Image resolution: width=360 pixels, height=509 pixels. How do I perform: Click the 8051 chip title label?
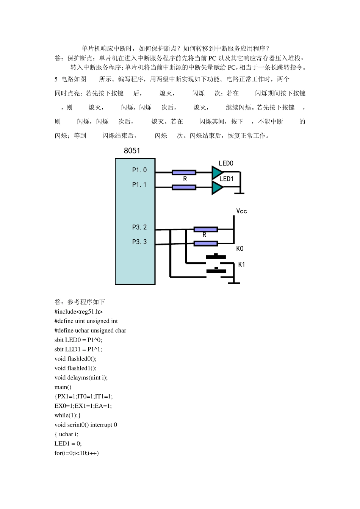coord(132,151)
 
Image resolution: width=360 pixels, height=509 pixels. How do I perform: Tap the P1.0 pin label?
coord(139,170)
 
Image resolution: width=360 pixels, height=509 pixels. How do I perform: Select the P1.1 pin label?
coord(139,185)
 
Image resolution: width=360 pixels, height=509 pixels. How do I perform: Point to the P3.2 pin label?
coord(139,227)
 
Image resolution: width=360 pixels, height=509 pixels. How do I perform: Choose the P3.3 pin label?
coord(139,242)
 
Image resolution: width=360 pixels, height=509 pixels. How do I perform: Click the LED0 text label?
coord(226,163)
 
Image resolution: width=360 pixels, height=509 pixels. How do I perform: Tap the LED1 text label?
coord(227,179)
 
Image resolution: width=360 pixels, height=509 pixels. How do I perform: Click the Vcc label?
coord(241,211)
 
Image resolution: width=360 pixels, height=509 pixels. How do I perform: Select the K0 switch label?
coord(240,248)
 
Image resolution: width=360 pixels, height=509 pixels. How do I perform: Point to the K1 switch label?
coord(241,264)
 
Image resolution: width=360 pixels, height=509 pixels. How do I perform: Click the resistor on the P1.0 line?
coord(184,173)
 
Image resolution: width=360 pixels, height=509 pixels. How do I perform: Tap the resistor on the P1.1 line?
coord(184,187)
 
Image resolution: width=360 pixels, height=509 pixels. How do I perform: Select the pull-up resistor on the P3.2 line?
coord(206,229)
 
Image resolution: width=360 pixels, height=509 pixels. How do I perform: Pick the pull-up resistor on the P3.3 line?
coord(206,243)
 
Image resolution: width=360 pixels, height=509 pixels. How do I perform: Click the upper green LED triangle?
coord(217,173)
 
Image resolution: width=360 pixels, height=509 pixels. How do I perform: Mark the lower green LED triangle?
coord(217,187)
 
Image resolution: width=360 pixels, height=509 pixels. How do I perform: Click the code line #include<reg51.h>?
coord(78,312)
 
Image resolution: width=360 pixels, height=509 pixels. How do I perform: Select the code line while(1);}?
coord(67,415)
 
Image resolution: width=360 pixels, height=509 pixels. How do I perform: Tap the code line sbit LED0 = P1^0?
coord(78,340)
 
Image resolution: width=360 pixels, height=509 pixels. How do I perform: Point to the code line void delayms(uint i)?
coord(81,378)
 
